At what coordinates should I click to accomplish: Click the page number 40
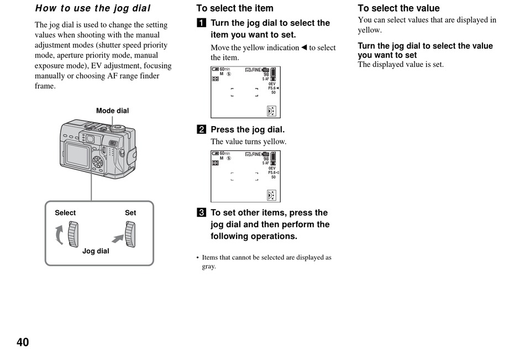point(23,342)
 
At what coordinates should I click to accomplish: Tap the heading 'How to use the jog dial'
point(93,8)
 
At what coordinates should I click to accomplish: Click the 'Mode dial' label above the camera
point(112,111)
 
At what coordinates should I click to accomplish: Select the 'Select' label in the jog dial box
point(65,213)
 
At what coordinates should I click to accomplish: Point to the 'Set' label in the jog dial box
point(130,213)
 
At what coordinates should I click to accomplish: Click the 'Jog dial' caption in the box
point(96,251)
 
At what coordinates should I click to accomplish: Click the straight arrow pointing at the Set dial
point(118,238)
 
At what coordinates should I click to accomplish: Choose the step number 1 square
point(201,23)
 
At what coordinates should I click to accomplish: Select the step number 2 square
point(201,130)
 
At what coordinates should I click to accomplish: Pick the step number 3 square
point(201,213)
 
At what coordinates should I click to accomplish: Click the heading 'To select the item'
point(235,8)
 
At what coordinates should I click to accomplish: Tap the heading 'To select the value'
point(398,8)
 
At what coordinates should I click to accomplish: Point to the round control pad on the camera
point(98,162)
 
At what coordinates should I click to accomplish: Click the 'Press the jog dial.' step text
point(248,130)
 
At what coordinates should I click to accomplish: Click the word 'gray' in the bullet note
point(208,267)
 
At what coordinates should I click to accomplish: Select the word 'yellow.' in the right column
point(370,30)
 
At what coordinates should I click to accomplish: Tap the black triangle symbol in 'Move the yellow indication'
point(303,48)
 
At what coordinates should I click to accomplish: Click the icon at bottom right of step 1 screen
point(271,111)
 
